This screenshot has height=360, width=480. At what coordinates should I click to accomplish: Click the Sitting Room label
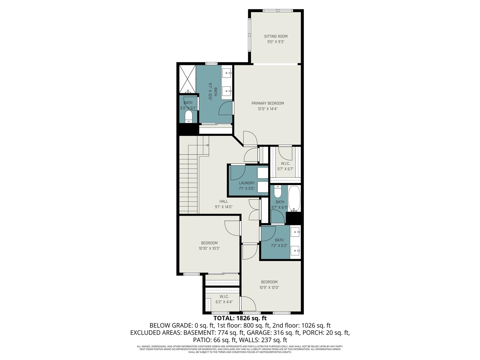276,36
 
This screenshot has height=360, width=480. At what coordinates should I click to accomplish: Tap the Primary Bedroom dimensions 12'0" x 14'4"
267,109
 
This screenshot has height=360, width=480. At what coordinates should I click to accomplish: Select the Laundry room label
246,183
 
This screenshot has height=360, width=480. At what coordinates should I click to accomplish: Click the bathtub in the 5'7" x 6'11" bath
294,198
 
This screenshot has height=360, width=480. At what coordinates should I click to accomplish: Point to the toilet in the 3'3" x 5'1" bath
189,116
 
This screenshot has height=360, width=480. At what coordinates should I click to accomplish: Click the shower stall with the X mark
187,78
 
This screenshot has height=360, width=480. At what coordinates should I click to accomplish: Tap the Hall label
223,201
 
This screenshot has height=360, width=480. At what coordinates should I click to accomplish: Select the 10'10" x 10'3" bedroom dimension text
209,248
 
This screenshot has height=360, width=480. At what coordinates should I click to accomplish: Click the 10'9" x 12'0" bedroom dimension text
269,288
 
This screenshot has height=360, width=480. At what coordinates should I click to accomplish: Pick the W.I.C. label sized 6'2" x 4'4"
224,297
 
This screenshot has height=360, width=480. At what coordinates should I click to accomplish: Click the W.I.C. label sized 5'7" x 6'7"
285,163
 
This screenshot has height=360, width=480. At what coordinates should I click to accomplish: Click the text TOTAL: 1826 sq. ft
240,318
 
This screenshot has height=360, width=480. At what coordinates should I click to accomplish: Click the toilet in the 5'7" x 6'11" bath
277,192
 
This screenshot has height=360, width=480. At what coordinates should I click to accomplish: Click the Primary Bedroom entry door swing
250,138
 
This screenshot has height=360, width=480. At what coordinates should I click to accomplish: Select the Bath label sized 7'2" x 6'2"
279,240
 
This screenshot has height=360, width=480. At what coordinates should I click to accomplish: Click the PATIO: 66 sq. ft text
214,340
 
